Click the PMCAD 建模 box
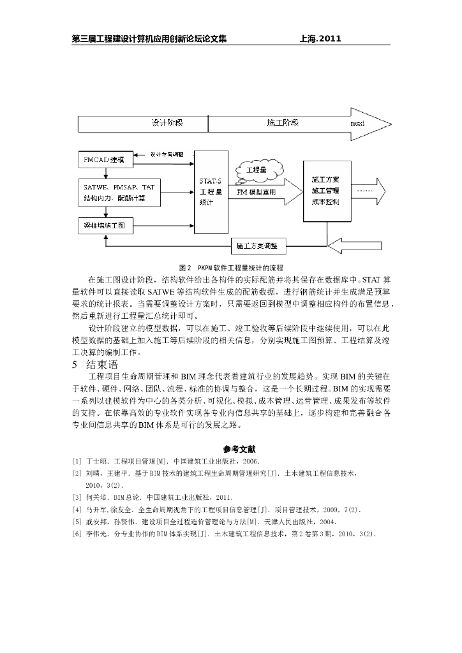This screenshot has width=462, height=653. [x=105, y=159]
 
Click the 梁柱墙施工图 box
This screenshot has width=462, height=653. [x=105, y=225]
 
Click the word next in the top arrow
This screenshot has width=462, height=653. [x=357, y=123]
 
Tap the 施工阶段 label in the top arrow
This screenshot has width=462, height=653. [x=281, y=123]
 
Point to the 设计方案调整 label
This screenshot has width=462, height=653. [x=167, y=155]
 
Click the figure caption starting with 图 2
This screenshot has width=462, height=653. [x=231, y=267]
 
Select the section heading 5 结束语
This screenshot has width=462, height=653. [x=95, y=365]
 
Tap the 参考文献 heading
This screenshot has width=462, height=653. [x=231, y=449]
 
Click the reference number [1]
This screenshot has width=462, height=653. [x=77, y=461]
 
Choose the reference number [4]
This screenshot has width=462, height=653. [x=77, y=510]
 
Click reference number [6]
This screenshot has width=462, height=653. [x=77, y=533]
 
